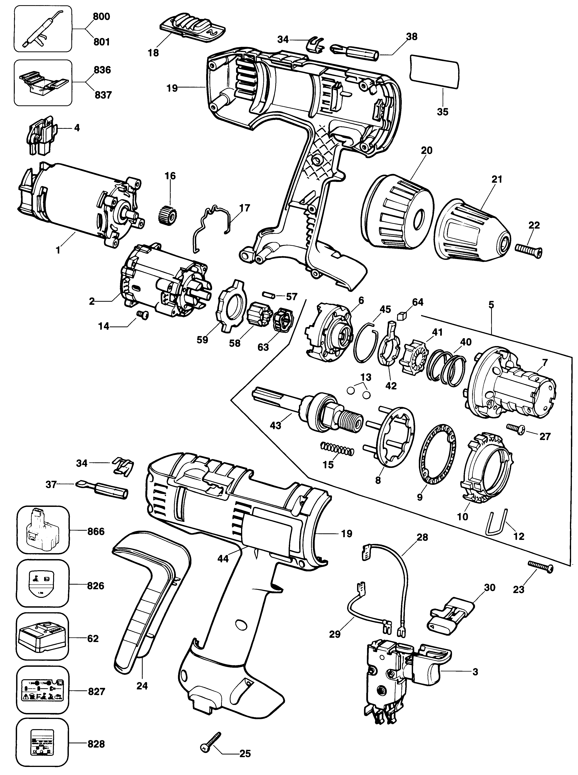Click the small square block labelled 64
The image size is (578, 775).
tap(402, 317)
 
